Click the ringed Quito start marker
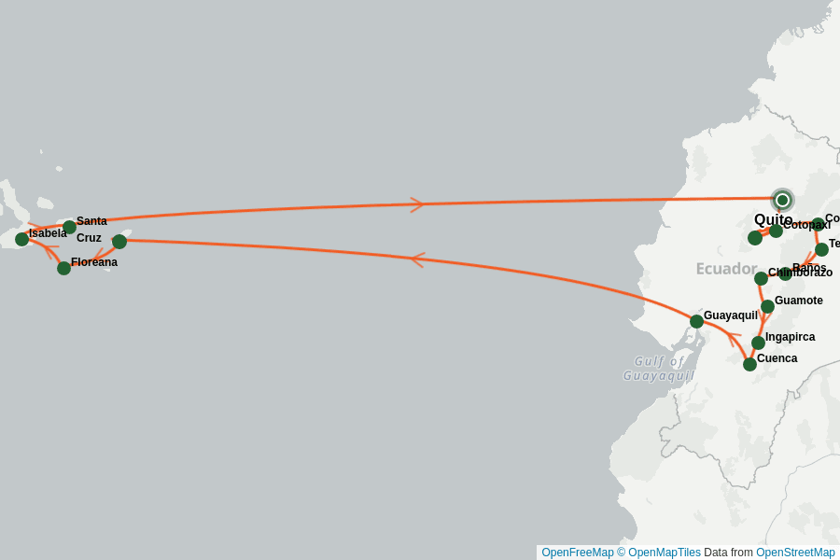pos(782,200)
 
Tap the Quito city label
pos(773,219)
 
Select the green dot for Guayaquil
pos(696,321)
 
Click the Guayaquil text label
pos(730,315)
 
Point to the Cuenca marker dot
pos(749,364)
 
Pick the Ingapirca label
pos(790,337)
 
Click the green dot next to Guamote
pos(767,306)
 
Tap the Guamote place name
pos(798,301)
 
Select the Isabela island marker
pos(21,239)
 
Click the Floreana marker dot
pos(63,268)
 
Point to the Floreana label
pos(93,262)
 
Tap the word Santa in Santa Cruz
pos(91,221)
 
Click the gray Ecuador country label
pos(725,269)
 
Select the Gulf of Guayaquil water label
pos(659,368)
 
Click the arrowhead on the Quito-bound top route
pos(417,204)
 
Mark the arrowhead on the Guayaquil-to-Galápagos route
pos(417,259)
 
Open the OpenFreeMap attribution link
pos(577,553)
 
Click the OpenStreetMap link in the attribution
pos(795,553)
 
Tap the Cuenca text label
pos(777,358)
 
